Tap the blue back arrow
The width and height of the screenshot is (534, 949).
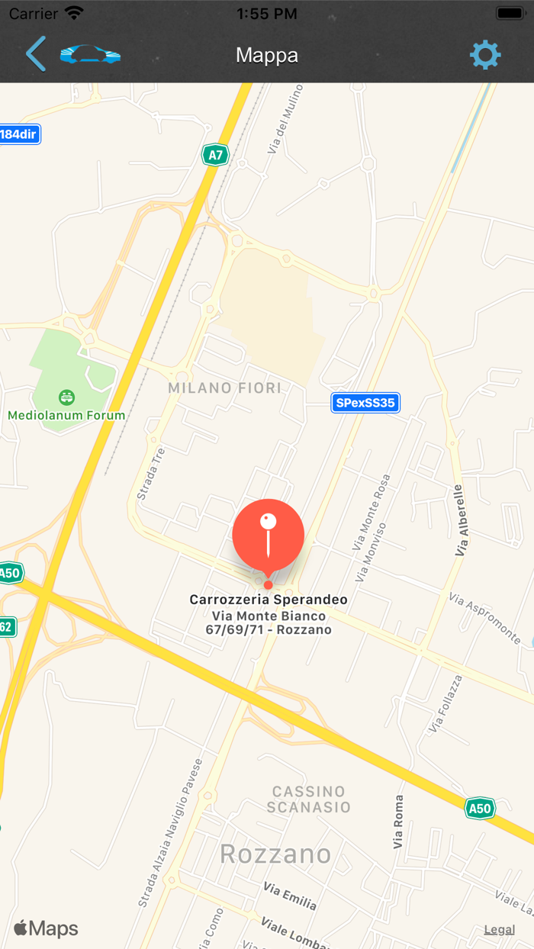[x=35, y=54]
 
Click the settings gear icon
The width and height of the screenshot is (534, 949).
[x=485, y=55]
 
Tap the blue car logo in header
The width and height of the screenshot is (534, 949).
[x=90, y=54]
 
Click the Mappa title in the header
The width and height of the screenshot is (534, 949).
[x=267, y=56]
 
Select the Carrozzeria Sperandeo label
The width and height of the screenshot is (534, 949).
[x=269, y=600]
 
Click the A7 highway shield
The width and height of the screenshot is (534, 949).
[x=216, y=156]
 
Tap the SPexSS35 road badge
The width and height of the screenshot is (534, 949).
[x=366, y=403]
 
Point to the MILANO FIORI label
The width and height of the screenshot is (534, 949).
[x=225, y=388]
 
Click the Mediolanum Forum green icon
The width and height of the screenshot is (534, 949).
[x=67, y=397]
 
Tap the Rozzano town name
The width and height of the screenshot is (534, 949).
[x=275, y=854]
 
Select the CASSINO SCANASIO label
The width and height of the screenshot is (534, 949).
[x=309, y=799]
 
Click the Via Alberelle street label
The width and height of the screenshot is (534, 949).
[x=458, y=520]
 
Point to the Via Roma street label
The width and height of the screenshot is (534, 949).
[x=398, y=822]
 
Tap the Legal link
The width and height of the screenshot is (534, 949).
[x=500, y=929]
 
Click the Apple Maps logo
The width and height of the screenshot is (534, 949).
[x=46, y=928]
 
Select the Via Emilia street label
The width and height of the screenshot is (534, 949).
[x=290, y=896]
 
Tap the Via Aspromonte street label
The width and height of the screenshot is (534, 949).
[x=485, y=618]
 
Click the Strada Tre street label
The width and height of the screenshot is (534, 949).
[x=150, y=474]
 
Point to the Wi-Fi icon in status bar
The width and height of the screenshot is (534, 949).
[x=74, y=13]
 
